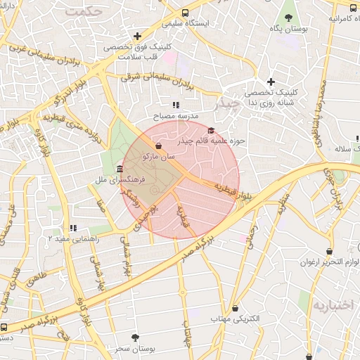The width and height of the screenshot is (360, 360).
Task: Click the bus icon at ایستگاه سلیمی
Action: click(x=185, y=13)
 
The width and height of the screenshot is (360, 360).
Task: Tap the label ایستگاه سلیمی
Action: click(x=186, y=23)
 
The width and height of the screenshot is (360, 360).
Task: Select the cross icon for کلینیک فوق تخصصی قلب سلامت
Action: click(x=137, y=36)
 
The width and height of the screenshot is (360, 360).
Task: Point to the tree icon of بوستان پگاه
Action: click(x=288, y=18)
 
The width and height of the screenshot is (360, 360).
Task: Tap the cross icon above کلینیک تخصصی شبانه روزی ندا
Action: click(x=270, y=82)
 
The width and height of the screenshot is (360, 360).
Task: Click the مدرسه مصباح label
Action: click(x=176, y=115)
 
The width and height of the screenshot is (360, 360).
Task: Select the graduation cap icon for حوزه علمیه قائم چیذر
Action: click(x=212, y=130)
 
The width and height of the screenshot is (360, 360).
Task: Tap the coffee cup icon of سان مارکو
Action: click(x=158, y=146)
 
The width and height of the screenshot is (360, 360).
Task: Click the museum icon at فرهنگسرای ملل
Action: click(x=120, y=169)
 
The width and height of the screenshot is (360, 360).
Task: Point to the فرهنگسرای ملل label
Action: click(x=120, y=180)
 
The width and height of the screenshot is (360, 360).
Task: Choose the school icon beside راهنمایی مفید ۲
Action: click(x=73, y=228)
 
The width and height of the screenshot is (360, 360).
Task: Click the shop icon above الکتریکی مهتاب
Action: click(x=235, y=308)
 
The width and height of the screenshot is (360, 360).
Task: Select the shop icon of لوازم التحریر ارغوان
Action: click(x=330, y=252)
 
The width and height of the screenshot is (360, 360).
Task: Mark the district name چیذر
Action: click(x=226, y=103)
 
